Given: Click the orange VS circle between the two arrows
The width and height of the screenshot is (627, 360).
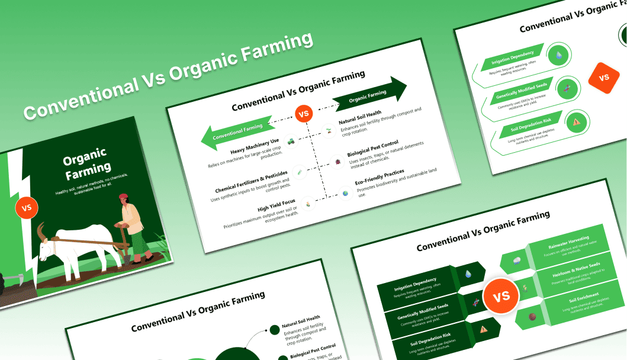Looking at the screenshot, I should [x=303, y=114].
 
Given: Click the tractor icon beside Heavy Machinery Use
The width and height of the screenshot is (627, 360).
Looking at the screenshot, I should [x=291, y=142].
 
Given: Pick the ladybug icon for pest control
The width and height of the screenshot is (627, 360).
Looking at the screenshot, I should [x=337, y=160].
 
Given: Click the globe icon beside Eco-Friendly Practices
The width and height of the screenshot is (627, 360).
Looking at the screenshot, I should [x=345, y=193].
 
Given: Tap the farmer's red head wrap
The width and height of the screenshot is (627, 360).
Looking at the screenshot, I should [x=123, y=197].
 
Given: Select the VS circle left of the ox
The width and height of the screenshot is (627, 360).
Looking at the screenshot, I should [x=27, y=208].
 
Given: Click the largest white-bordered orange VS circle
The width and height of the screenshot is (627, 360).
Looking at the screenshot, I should [x=501, y=295].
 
